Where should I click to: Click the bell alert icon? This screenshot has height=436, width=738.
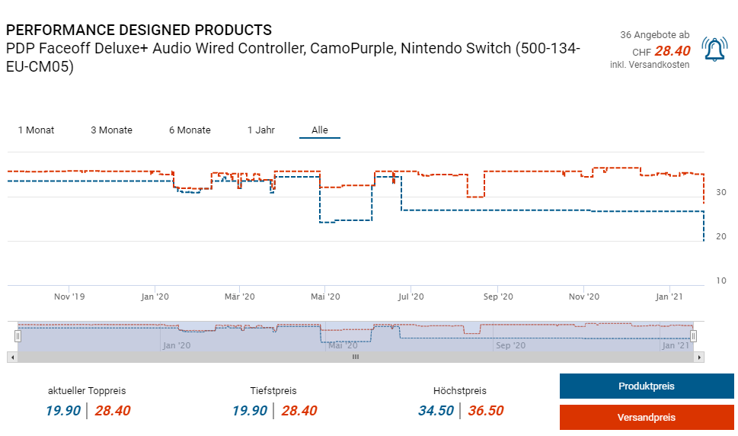pos(714,50)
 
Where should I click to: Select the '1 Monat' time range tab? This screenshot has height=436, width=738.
pos(36,130)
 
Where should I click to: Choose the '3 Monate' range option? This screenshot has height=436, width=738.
pos(111,130)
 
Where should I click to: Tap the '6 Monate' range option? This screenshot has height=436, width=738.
pos(190,130)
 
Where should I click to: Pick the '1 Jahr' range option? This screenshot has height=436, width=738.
pos(260,130)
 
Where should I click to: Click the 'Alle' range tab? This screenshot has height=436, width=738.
pos(320,130)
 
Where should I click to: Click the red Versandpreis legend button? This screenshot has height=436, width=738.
pos(646,417)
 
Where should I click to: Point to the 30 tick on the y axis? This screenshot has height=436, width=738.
pos(720,192)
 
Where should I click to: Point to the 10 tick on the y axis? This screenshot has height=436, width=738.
pos(720,281)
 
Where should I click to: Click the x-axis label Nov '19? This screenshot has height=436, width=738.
pos(70,297)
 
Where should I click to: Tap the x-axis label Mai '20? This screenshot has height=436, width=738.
pos(324,297)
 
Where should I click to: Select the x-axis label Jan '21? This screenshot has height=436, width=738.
pos(669,297)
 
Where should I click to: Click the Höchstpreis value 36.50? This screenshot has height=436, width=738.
pos(485,411)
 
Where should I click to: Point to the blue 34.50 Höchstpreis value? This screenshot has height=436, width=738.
pos(436,411)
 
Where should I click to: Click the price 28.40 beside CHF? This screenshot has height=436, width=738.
pos(673,51)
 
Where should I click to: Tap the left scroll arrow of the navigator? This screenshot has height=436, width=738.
pos(11,357)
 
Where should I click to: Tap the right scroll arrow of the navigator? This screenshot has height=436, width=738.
pos(699,357)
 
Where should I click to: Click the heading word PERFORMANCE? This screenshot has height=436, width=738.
pos(59,30)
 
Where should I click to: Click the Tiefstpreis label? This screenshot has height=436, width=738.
pos(273,391)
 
